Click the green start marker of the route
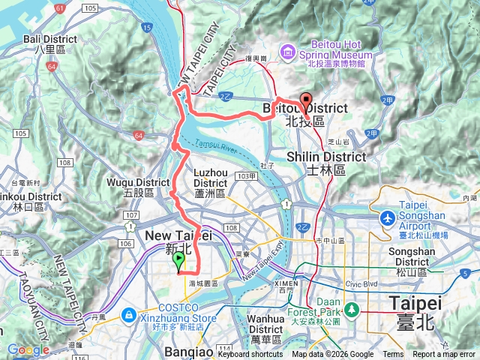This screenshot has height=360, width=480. pos(178,261)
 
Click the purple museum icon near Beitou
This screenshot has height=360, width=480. pos(286,51)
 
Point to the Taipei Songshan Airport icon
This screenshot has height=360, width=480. pos(388,218)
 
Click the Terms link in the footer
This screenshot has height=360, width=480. pos(393,355)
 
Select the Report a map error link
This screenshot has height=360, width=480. pos(444,355)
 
